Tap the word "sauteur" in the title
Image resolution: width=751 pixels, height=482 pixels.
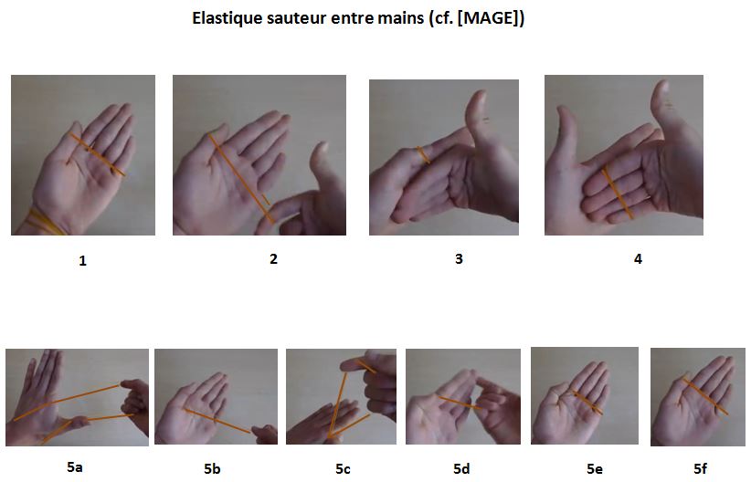(x=296, y=18)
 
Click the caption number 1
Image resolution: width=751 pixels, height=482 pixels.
(x=83, y=261)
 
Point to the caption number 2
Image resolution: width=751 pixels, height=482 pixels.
(x=273, y=258)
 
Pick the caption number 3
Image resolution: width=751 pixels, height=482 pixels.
(x=459, y=258)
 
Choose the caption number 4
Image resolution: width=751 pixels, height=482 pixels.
(x=638, y=258)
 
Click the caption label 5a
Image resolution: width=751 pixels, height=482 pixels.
(x=75, y=467)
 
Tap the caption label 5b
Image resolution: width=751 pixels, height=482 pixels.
(x=212, y=469)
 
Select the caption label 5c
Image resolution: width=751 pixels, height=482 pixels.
(x=343, y=469)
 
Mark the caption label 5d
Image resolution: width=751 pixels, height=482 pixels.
(x=462, y=469)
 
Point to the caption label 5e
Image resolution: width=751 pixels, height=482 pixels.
(x=594, y=469)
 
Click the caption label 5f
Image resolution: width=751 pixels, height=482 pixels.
(x=700, y=469)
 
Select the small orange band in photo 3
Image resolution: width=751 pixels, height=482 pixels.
(x=422, y=155)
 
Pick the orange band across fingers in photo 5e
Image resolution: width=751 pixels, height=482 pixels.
(x=586, y=403)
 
